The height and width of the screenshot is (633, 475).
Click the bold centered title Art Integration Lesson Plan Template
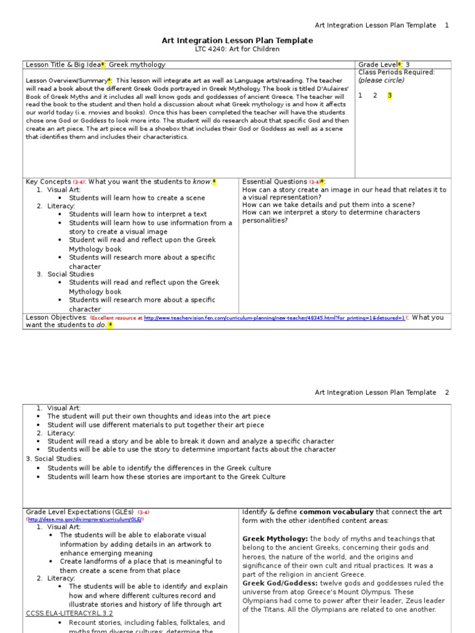coord(237,41)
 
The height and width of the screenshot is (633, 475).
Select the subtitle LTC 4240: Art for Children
coord(237,49)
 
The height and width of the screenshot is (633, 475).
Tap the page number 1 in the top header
coord(447,25)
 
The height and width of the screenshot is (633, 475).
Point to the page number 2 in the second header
coord(447,393)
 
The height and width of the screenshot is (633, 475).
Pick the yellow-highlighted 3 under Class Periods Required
coord(390,95)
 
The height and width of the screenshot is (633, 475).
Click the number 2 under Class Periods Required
coord(375,95)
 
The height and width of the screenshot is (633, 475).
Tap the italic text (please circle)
coord(382,80)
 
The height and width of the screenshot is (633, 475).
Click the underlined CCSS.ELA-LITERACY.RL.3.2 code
coord(69,613)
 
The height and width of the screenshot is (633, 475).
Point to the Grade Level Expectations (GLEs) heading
coord(80,512)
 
